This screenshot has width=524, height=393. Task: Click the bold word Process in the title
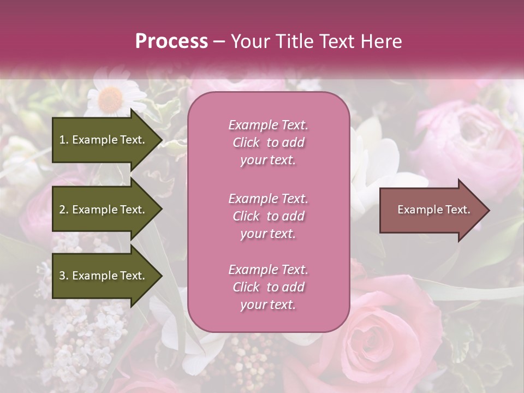pyautogui.click(x=171, y=41)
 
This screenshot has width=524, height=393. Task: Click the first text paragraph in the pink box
pyautogui.click(x=268, y=142)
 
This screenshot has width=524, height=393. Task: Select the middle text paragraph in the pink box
pyautogui.click(x=268, y=216)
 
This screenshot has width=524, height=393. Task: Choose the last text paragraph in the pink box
pyautogui.click(x=268, y=287)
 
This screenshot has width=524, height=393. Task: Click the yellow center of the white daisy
pyautogui.click(x=111, y=99)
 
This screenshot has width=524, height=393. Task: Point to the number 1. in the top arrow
pyautogui.click(x=63, y=140)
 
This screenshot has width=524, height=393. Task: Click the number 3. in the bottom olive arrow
pyautogui.click(x=63, y=276)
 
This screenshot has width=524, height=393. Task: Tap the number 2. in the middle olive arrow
pyautogui.click(x=63, y=210)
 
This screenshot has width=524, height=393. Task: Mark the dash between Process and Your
pyautogui.click(x=219, y=42)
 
